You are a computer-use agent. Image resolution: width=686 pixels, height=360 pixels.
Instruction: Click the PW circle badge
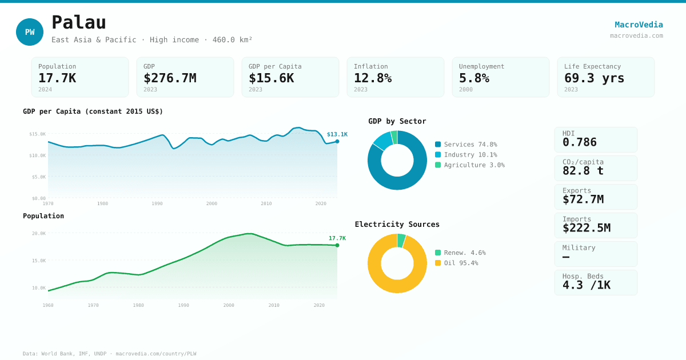[30, 32]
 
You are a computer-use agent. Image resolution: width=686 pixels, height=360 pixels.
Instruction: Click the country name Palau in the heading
[79, 22]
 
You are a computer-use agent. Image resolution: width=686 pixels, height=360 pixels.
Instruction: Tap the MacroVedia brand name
[639, 25]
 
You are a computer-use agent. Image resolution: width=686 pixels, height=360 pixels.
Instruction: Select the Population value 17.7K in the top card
[57, 78]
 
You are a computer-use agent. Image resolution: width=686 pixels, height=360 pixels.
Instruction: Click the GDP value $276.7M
[170, 78]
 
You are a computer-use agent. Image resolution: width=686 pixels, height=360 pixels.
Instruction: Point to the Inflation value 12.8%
[373, 78]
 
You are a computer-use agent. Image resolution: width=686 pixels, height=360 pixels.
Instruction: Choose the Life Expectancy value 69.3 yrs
[594, 78]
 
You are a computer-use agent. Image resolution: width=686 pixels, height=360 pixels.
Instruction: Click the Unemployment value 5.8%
[474, 78]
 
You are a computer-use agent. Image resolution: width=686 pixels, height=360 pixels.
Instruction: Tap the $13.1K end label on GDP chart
[337, 134]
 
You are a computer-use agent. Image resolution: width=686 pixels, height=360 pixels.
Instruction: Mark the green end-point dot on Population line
[337, 245]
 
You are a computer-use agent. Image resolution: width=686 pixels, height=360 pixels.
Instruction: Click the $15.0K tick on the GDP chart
[38, 134]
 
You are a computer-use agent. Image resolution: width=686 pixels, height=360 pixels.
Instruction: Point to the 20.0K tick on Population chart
[39, 233]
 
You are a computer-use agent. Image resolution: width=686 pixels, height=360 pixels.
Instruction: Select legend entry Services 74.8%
[470, 145]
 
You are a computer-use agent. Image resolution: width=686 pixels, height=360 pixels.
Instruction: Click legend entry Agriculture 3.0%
[474, 165]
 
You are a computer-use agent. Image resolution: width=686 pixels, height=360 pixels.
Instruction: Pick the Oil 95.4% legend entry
[461, 263]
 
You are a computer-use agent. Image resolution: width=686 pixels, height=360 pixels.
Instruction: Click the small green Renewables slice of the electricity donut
[401, 241]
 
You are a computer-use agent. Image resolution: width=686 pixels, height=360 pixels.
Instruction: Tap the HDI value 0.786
[579, 142]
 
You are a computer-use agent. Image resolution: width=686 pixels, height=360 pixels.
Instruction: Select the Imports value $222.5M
[586, 228]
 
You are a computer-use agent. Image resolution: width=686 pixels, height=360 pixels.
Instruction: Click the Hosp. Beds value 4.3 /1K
[586, 285]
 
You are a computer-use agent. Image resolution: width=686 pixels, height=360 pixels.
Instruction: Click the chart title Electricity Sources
[397, 225]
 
